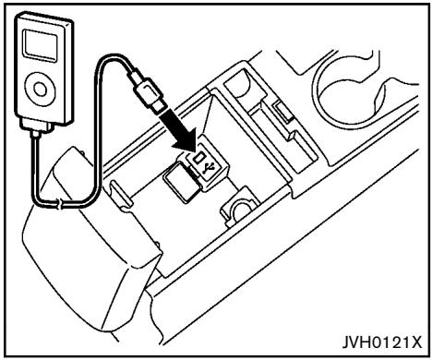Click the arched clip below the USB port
point(237,209)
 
